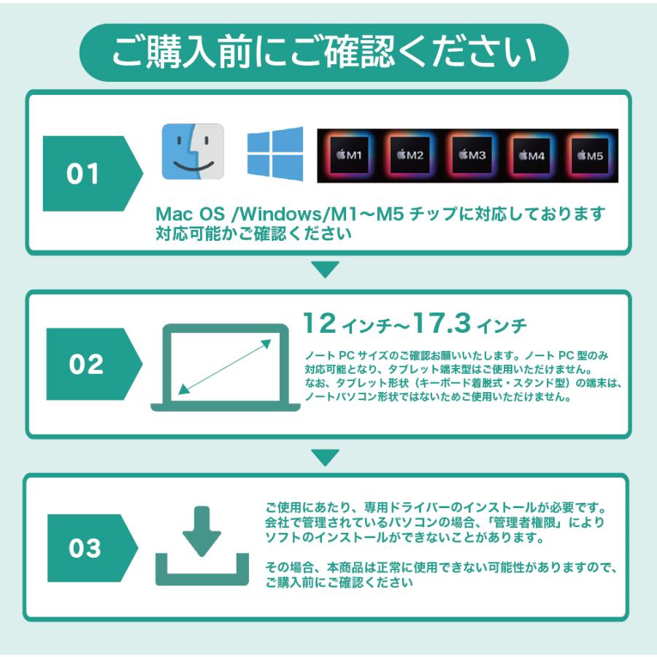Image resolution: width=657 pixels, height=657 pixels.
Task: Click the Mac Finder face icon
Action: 193,151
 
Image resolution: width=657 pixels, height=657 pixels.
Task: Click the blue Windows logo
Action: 274,153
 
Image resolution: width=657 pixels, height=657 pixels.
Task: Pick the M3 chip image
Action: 472,155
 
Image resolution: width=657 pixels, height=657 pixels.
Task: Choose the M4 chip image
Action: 531,155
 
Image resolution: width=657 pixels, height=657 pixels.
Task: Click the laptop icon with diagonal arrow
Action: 226,367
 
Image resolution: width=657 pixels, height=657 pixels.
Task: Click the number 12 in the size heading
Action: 319,322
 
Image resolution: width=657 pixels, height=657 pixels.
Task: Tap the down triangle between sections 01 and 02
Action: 325,269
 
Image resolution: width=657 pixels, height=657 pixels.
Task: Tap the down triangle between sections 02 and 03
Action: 325,458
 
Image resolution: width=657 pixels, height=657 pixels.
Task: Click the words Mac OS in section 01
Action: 182,215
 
